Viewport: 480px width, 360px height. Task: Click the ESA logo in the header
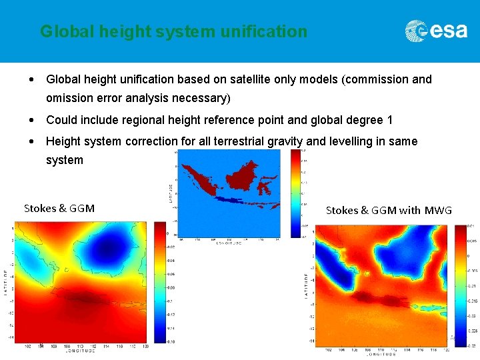tap(436, 31)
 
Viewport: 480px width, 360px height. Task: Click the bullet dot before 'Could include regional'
tap(33, 121)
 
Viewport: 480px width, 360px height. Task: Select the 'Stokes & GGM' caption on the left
tap(59, 208)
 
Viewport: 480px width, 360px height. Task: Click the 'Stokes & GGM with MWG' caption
tap(389, 210)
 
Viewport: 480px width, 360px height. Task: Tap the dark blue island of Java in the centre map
tap(230, 199)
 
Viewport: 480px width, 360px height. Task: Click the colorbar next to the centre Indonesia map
tap(295, 193)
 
